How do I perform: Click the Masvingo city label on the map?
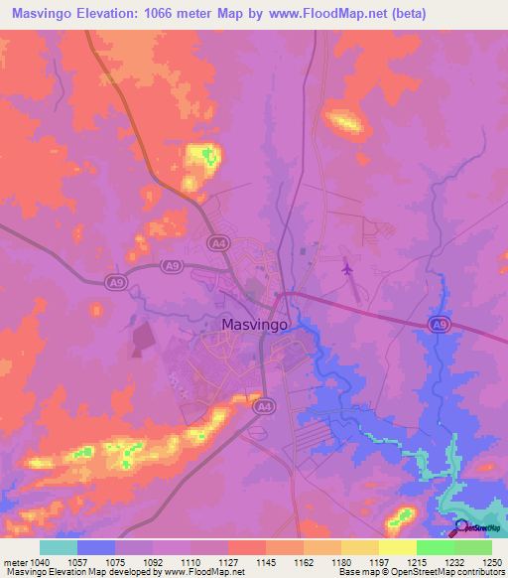[254, 325]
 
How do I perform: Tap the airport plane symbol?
[346, 267]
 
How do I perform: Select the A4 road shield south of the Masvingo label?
[264, 406]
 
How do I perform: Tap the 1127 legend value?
[227, 561]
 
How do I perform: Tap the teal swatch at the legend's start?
[59, 547]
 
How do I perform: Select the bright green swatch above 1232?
[435, 547]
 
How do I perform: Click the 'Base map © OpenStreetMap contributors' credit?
[420, 573]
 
